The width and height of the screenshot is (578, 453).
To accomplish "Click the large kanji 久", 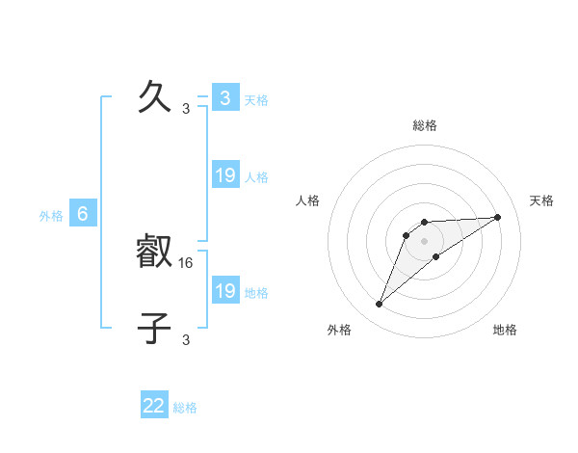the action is tap(155, 98).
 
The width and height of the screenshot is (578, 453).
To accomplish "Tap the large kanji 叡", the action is tap(155, 253).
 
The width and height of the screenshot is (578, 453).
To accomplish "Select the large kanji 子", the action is tap(155, 330).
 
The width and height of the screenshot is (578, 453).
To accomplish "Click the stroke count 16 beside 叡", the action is tap(187, 262).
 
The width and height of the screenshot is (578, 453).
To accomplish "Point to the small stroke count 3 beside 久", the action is tap(186, 109).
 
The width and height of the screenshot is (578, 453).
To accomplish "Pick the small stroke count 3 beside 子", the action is tap(186, 339).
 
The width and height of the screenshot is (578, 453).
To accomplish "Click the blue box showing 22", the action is tap(154, 406).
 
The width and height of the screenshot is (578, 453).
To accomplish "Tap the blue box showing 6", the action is tap(83, 214).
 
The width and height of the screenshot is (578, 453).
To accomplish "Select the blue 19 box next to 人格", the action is tap(225, 175).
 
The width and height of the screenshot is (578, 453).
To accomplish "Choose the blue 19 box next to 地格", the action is tap(225, 291).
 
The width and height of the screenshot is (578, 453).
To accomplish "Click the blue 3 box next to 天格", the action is tap(225, 98).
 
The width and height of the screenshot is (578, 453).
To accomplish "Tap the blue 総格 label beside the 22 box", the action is tap(186, 408).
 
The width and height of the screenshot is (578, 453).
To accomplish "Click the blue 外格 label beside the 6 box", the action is tap(51, 216).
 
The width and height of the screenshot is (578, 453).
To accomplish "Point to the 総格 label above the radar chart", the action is tap(425, 125).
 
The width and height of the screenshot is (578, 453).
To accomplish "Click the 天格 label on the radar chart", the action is tap(542, 200).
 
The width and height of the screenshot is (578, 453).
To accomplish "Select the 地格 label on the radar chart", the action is tap(505, 330).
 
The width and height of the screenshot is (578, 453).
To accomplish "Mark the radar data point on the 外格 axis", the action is tap(380, 305).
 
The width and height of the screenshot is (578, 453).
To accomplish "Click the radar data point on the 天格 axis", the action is tap(498, 217).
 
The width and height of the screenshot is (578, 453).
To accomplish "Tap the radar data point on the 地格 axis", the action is tap(436, 256).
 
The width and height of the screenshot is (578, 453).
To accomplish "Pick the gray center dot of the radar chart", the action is tap(425, 241).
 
